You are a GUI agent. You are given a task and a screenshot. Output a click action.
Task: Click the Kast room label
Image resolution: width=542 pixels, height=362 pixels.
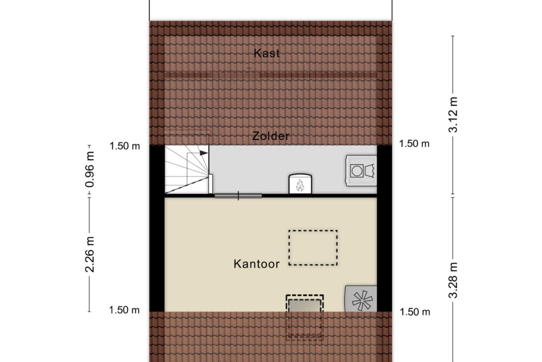pos(267,53)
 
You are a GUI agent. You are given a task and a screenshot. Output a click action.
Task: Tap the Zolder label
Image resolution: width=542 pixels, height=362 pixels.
pos(270,136)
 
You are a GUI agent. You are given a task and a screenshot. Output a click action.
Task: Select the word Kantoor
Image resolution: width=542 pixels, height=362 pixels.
pos(256,264)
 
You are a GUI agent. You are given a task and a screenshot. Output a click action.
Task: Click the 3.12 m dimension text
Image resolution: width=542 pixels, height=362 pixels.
pos(453,115)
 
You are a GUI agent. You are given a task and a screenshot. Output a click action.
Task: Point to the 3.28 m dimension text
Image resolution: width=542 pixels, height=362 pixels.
pos(453,280)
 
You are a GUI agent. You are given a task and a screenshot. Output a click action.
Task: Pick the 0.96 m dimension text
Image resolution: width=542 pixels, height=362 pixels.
pos(90,169)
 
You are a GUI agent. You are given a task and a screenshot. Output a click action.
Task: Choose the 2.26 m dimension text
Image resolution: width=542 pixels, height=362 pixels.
pos(90,254)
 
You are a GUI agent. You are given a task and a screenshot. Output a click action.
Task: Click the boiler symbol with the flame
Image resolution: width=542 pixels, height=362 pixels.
pos(300,183)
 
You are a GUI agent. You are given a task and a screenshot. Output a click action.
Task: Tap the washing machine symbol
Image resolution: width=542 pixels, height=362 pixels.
pos(361,170)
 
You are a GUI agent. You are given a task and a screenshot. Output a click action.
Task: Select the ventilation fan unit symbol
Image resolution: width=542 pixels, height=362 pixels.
pos(361,299)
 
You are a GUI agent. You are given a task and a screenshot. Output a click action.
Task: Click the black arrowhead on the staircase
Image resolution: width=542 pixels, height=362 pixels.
pos(204,153)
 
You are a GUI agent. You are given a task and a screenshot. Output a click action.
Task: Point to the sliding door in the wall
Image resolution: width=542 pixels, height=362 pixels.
pos(238,196)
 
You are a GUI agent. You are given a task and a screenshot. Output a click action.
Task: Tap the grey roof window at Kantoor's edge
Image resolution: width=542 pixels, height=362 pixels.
pos(305,306)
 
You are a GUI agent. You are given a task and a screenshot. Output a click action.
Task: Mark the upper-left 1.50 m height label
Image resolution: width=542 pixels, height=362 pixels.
pos(125,146)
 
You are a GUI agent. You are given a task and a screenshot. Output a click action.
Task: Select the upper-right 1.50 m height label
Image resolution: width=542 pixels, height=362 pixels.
pos(414,144)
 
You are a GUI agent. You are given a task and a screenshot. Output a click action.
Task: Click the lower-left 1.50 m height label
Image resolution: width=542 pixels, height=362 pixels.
pos(125,310)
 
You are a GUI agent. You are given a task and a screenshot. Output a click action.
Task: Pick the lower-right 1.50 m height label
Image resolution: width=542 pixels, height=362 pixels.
pos(415,312)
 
